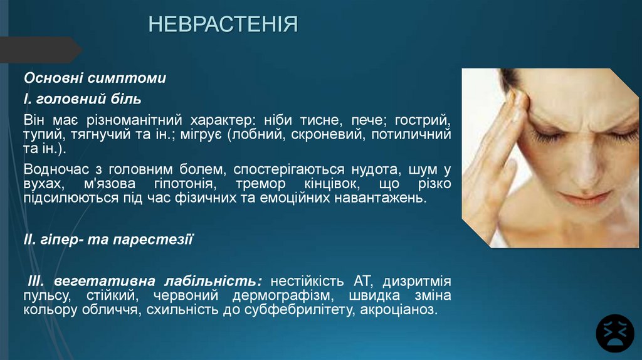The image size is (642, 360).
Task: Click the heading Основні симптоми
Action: click(x=95, y=79)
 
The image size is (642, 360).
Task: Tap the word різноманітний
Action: click(x=124, y=119)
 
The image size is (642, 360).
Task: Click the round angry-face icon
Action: click(x=615, y=333)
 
